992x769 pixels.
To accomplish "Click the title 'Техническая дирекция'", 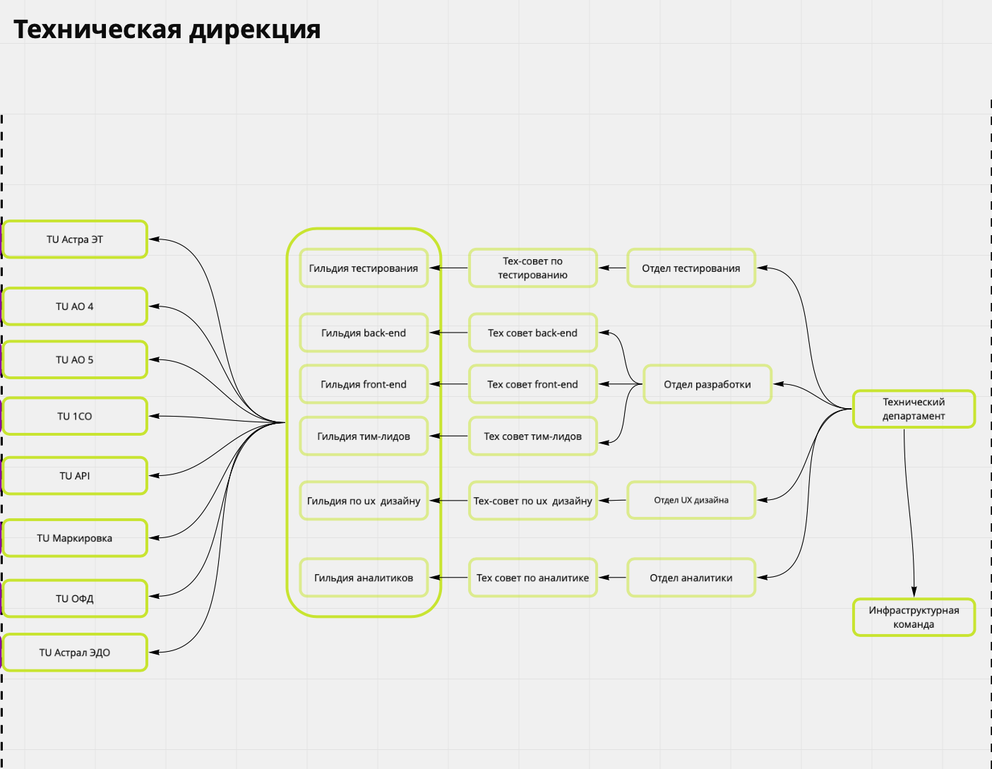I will click(167, 30).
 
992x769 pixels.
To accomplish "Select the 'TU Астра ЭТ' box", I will click(75, 239).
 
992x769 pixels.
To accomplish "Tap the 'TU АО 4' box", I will click(75, 306).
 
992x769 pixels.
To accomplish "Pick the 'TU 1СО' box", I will click(75, 416).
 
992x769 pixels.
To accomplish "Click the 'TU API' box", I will click(75, 476).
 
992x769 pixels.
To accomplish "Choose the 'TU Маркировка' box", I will click(75, 538).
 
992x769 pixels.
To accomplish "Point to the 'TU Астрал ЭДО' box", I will click(75, 652).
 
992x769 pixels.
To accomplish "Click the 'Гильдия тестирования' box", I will click(364, 268).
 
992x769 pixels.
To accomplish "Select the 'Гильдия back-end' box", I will click(364, 333).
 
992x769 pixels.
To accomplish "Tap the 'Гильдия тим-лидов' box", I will click(364, 436).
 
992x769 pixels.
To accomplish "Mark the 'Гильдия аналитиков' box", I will click(364, 578).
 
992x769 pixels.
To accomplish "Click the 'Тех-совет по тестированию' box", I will click(533, 268).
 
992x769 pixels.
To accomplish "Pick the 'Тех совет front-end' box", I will click(533, 385).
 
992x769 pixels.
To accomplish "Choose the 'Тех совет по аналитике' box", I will click(533, 578).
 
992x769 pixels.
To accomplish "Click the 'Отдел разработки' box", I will click(707, 385).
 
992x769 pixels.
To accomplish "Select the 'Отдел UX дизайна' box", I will click(691, 500).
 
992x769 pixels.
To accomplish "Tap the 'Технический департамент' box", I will click(914, 409).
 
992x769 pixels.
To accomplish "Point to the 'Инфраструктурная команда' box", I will click(914, 617).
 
